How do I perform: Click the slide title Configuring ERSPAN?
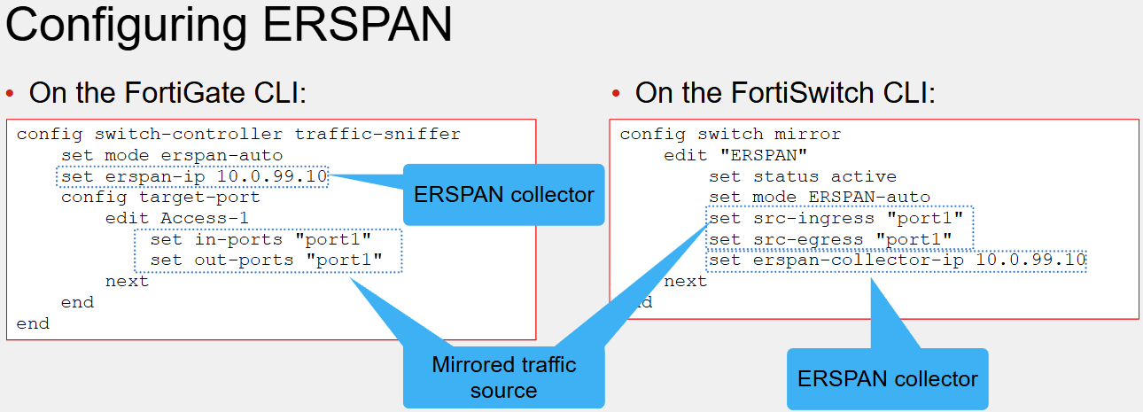[x=229, y=26]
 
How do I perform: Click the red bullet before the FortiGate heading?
[x=10, y=93]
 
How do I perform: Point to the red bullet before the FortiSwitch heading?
[x=616, y=93]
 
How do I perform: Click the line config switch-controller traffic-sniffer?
[x=238, y=135]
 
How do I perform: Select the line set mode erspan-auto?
[x=172, y=155]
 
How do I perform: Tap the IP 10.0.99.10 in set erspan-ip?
[x=271, y=176]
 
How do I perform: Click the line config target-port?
[x=160, y=198]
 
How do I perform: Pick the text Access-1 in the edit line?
[x=204, y=219]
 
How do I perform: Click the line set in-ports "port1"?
[x=260, y=239]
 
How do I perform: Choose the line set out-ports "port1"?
[x=266, y=260]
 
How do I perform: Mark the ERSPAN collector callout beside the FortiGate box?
[x=503, y=195]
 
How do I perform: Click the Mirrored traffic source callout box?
[x=503, y=377]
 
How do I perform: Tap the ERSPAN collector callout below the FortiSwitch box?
[x=887, y=379]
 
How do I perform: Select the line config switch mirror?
[x=730, y=135]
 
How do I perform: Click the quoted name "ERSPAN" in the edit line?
[x=764, y=155]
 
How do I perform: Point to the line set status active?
[x=802, y=176]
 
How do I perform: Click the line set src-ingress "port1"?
[x=836, y=219]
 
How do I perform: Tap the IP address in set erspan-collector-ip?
[x=1030, y=260]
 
